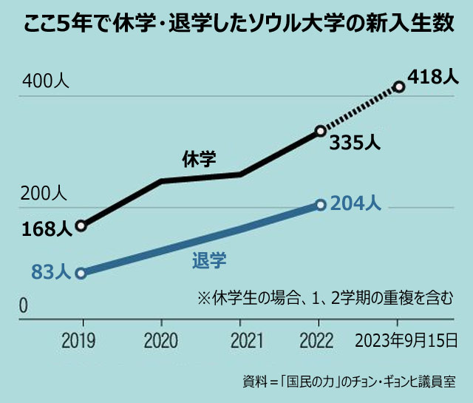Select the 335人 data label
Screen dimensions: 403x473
351,143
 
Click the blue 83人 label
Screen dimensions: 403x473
51,271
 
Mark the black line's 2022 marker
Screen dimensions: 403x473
320,131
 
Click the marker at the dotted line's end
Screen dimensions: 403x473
399,87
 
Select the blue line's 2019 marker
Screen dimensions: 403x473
81,272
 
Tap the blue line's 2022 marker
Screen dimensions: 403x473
320,205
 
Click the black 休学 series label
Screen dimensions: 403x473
199,158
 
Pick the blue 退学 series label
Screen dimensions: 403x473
208,260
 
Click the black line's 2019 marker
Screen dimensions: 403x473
81,226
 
